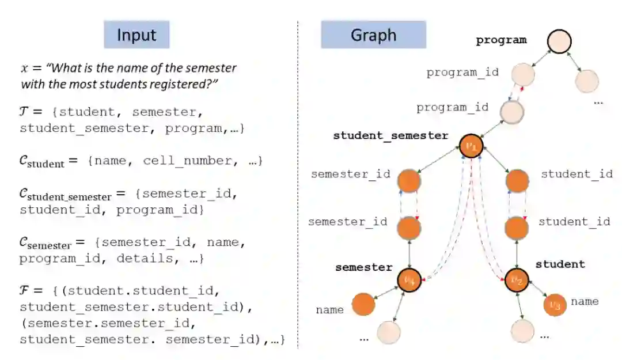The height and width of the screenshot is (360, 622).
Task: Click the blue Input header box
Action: click(x=136, y=35)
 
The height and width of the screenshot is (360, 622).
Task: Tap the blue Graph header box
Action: click(x=373, y=35)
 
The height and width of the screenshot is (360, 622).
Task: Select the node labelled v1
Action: click(x=471, y=144)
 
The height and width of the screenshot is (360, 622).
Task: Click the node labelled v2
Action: click(x=516, y=281)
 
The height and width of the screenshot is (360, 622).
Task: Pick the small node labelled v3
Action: click(x=554, y=305)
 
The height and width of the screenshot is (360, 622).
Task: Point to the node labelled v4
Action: click(x=408, y=281)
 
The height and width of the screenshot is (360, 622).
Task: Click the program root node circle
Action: click(x=559, y=41)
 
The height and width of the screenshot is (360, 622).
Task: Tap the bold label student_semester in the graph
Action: click(x=390, y=136)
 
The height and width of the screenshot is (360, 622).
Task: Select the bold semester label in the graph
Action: click(x=363, y=267)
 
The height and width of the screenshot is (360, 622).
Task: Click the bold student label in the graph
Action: click(x=560, y=264)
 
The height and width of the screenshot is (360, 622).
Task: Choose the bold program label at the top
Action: click(x=501, y=40)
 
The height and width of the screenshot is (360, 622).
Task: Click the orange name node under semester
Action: click(x=363, y=305)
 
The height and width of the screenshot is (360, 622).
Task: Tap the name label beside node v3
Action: click(x=585, y=301)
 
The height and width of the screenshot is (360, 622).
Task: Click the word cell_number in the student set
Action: click(x=180, y=161)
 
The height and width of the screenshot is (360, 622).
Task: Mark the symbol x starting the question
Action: click(x=24, y=68)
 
